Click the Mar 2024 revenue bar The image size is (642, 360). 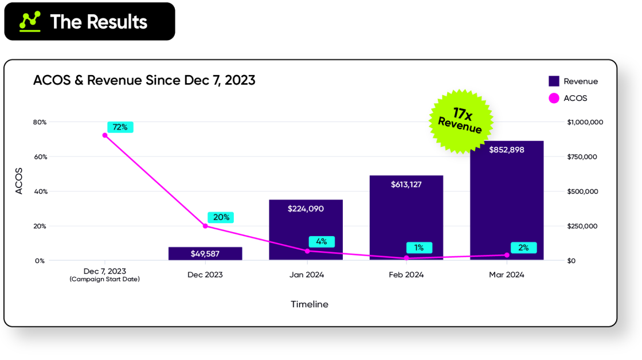pos(507,201)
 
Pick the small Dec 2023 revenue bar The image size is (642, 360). pos(205,253)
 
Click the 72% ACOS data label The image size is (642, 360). pos(120,127)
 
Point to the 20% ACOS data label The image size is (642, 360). pos(221,217)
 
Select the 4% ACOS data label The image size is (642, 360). pos(322,241)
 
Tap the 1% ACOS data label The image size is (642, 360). pos(419,248)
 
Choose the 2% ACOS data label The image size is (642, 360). pos(523,248)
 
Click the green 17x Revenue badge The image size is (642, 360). pos(460,121)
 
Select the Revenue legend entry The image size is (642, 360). pos(573,81)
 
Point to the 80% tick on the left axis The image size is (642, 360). pos(40,122)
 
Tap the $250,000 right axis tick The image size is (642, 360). pos(582,226)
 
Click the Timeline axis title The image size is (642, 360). pos(310,304)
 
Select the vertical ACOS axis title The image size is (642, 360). pos(19,181)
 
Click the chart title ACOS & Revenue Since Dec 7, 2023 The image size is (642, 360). pos(144,80)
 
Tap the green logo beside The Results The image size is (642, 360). pos(30,21)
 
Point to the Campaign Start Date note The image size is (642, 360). pos(105,279)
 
